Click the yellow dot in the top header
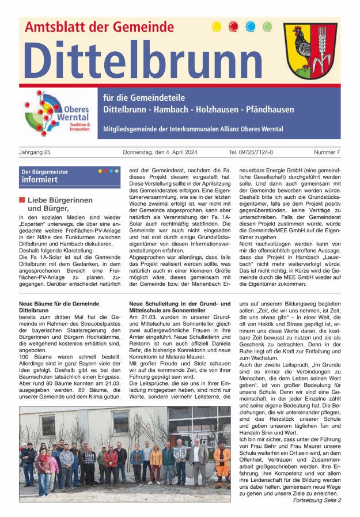coord(217,26)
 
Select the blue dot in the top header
coord(251,26)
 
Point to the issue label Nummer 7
coord(327,152)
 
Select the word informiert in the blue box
coord(40,180)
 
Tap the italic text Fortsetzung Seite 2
coord(317,500)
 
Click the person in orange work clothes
coord(222,461)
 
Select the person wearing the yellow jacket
coord(156,462)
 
